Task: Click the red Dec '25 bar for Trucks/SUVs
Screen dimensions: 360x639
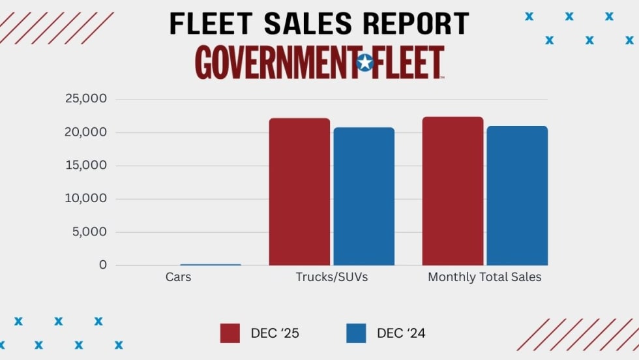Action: (x=299, y=192)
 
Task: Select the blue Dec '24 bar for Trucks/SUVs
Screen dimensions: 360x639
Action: (x=364, y=196)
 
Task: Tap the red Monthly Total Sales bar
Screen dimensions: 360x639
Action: (x=453, y=191)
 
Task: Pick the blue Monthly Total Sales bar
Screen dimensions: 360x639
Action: (x=517, y=196)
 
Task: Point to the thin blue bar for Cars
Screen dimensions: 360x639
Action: (x=211, y=264)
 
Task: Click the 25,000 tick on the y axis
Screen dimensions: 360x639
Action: (x=85, y=99)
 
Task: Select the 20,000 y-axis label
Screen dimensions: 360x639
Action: (x=85, y=132)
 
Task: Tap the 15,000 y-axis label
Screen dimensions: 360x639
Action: (x=85, y=166)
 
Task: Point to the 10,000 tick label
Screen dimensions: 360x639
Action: (x=85, y=199)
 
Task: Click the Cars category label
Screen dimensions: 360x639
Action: (x=178, y=277)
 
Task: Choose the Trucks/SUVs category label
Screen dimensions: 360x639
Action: (x=332, y=277)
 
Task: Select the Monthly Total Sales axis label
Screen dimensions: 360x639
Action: (x=484, y=277)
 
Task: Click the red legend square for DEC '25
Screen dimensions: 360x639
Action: (x=230, y=333)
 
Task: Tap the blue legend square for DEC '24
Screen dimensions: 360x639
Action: (x=356, y=333)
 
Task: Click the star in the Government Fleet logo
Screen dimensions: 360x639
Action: (x=364, y=63)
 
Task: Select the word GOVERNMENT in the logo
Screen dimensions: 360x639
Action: (x=275, y=63)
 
